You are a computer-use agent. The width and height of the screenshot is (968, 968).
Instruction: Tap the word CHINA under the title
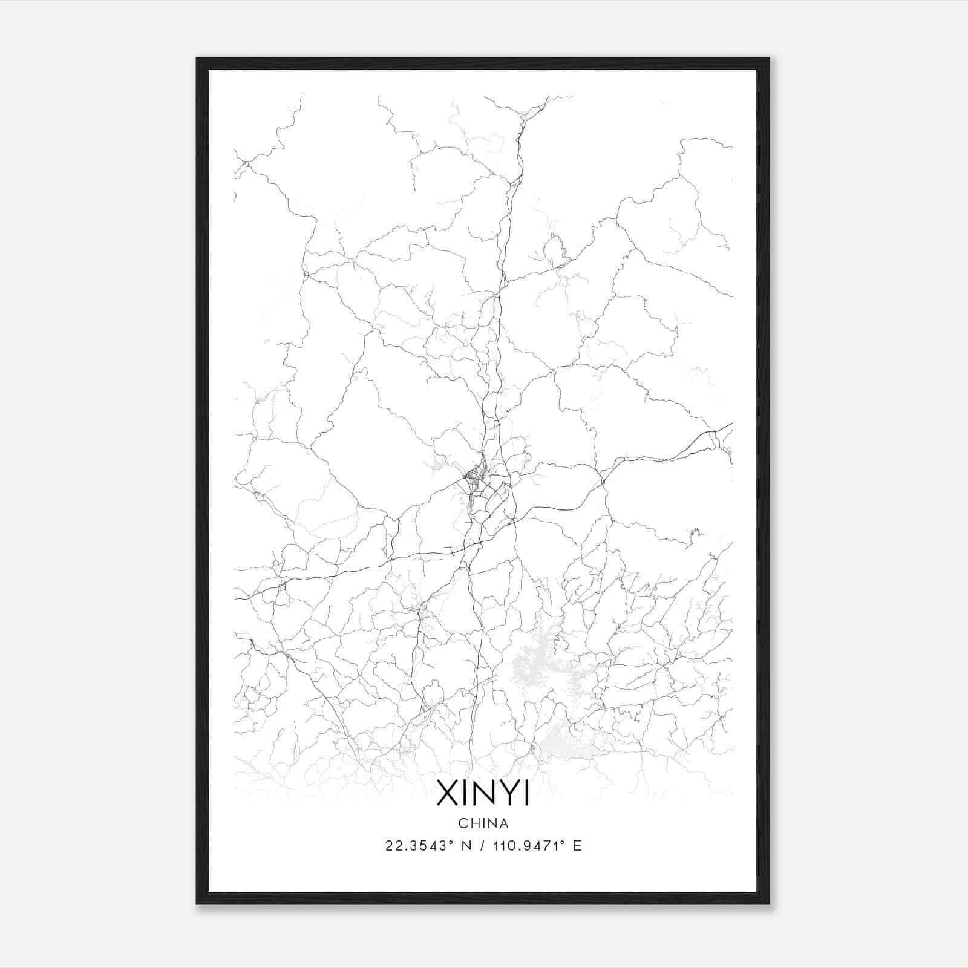[483, 823]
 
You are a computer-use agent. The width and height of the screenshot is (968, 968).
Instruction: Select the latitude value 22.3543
[416, 846]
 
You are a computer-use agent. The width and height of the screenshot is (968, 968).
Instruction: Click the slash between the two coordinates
[483, 846]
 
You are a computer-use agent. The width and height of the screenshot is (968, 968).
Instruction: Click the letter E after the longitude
[577, 846]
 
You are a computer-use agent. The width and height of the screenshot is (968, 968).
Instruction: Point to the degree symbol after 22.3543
[451, 842]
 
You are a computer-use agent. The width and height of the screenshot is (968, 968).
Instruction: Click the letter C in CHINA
[463, 823]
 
